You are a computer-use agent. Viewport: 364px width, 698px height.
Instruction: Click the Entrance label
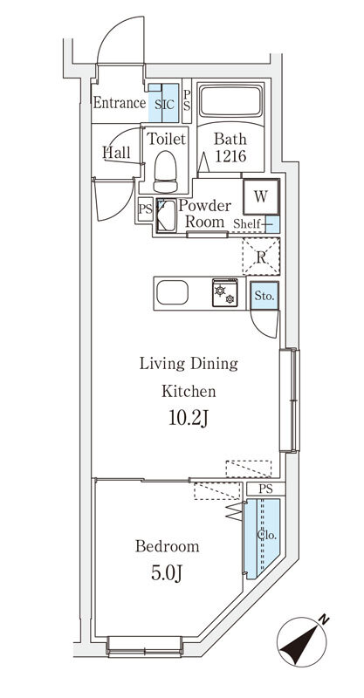point(119,103)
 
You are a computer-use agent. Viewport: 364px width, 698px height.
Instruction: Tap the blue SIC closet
point(163,103)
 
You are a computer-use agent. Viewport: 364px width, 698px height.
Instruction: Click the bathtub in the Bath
point(230,101)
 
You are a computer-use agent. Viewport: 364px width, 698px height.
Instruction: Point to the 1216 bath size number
point(230,156)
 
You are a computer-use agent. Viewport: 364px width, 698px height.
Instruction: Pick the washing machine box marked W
point(261,196)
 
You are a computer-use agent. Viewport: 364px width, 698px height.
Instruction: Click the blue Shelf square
point(272,224)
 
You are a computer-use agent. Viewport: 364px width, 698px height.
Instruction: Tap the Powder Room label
point(205,214)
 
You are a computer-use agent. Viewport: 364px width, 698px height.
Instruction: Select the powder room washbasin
point(166,216)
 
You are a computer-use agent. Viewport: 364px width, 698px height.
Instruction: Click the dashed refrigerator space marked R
point(261,257)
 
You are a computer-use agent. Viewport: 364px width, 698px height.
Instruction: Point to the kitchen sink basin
point(172,293)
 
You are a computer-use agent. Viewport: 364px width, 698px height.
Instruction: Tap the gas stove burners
point(225,293)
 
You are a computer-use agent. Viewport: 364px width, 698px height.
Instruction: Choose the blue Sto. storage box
point(264,296)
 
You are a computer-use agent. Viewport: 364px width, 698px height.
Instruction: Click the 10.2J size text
point(189,419)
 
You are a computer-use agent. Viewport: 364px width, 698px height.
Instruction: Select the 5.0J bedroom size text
point(167,573)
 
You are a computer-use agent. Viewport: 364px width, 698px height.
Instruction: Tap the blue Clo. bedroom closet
point(263,537)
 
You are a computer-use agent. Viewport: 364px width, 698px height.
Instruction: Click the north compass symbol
point(303,641)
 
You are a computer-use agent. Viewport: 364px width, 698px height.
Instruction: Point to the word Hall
point(117,153)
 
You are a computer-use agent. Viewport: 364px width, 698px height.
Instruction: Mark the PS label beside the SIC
point(187,100)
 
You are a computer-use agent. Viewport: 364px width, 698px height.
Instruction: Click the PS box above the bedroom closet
point(266,489)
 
